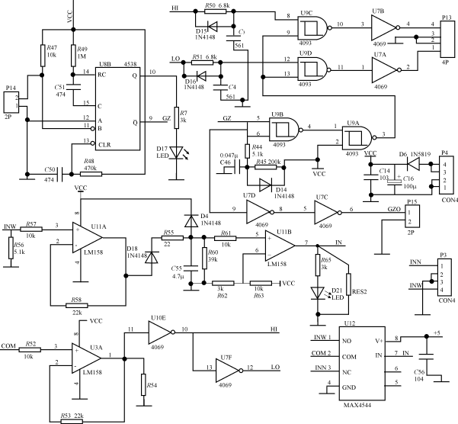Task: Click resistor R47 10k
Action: click(x=42, y=56)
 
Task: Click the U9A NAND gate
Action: click(x=357, y=136)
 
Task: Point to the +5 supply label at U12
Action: click(x=437, y=333)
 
